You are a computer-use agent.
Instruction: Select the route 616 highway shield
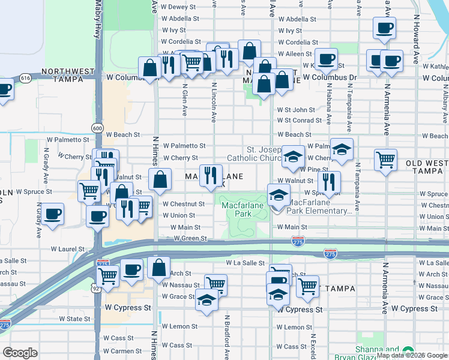[25, 78]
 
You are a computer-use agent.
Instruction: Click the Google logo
[20, 353]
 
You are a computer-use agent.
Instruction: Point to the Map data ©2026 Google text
[412, 355]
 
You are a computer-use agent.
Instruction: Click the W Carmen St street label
[122, 351]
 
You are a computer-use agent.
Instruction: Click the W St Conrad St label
[299, 121]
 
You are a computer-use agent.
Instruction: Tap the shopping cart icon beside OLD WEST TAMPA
[385, 160]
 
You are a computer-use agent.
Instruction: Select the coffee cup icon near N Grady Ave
[52, 214]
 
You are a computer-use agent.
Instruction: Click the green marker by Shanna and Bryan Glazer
[408, 350]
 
